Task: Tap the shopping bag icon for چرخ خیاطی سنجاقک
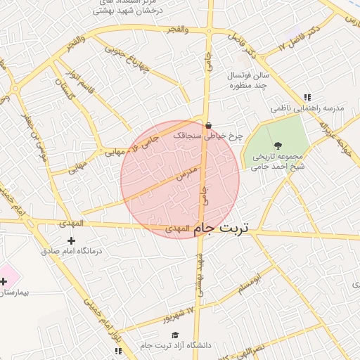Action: point(208,127)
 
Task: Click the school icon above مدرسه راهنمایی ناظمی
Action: point(307,98)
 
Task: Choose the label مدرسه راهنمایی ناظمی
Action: point(307,109)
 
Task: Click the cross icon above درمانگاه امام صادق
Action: point(71,240)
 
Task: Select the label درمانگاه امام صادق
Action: point(71,251)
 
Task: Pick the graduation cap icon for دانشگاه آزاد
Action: point(175,335)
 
